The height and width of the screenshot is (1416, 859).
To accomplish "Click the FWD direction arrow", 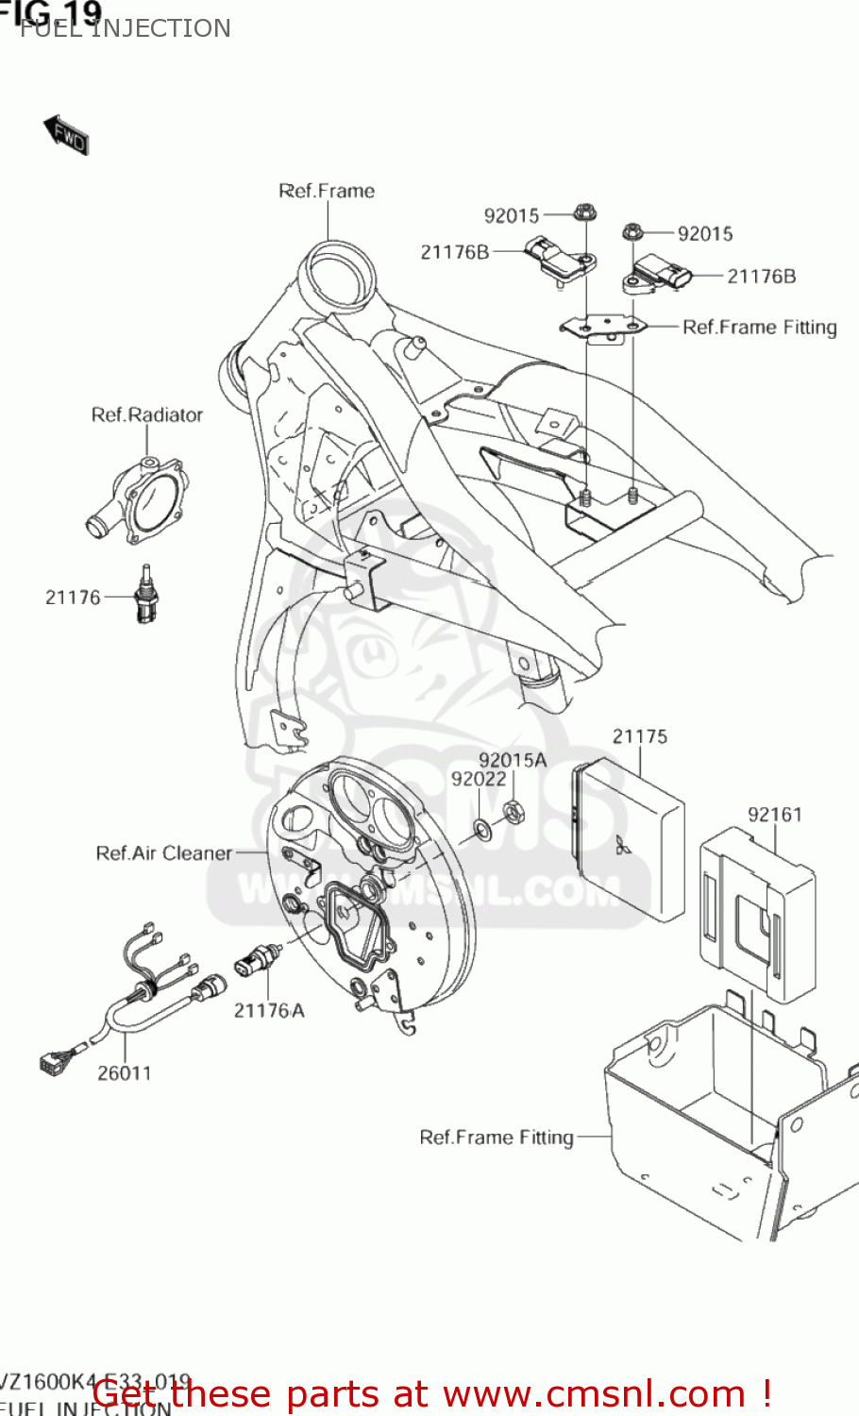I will coord(66,135).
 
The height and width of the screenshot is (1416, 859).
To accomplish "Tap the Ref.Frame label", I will coord(327,192).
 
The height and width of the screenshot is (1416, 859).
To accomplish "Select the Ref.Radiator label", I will coord(147,415).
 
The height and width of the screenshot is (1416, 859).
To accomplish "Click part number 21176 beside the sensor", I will coord(73,598).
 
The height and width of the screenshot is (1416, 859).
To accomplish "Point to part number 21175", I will coord(639,737).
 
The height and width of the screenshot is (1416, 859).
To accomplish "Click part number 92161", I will coord(774,815).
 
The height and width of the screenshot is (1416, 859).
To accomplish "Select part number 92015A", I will coord(513,761).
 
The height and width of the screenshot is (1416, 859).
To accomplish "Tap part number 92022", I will coord(479,780).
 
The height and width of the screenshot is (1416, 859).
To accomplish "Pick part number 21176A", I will coord(269,1011).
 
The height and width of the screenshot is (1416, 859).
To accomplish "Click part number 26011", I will coord(124,1073).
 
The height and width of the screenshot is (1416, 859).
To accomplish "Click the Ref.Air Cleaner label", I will coord(163,853).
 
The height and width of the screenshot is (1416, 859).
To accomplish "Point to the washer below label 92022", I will coord(481,829).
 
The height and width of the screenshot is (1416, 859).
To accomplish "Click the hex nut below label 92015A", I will coord(513,811).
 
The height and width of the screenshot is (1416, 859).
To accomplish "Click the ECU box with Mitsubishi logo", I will coord(628,840).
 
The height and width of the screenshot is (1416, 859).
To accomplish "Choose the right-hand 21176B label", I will coord(761,277).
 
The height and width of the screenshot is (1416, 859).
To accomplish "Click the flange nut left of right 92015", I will coord(632,231).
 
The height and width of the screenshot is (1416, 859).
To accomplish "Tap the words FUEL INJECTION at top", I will coord(126,29).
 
